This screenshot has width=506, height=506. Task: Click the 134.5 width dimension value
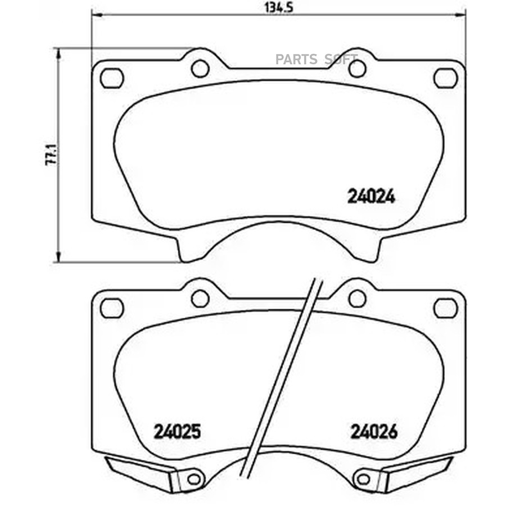click(x=278, y=7)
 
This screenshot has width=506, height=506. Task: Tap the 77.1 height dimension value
click(x=52, y=155)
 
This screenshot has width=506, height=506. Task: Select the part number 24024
click(x=371, y=197)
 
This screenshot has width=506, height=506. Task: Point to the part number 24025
click(x=177, y=431)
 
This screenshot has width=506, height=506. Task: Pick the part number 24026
click(x=374, y=431)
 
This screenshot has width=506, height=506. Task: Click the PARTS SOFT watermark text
click(x=316, y=60)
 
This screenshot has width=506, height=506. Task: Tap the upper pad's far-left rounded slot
click(x=112, y=78)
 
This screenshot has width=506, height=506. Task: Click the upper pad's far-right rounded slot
click(x=446, y=78)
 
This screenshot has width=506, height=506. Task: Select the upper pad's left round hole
click(x=200, y=69)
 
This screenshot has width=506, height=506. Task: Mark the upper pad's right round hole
click(x=357, y=69)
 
